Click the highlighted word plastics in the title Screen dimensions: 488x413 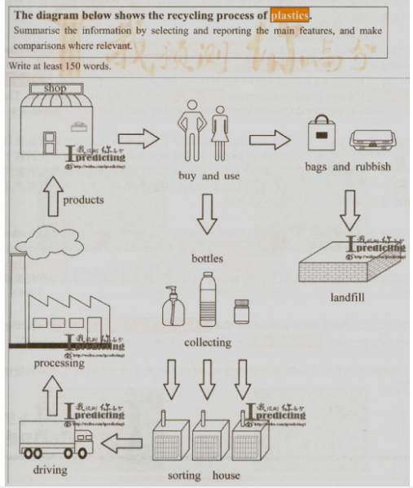[291, 15]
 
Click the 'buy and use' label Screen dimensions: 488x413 [209, 176]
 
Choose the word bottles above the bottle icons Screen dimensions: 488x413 [208, 259]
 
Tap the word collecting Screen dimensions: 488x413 [208, 342]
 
